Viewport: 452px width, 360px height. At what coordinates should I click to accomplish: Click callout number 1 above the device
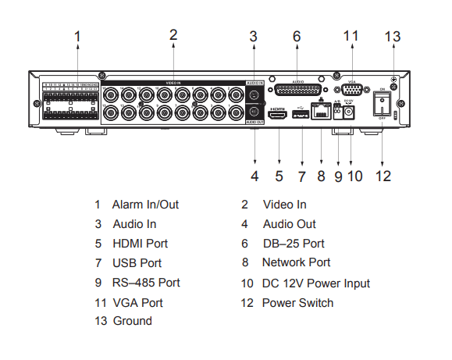[77, 37]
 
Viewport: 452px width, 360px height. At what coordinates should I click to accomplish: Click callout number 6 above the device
[297, 37]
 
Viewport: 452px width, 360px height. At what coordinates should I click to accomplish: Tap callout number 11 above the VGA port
[351, 37]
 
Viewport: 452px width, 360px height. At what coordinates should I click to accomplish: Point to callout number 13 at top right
[393, 37]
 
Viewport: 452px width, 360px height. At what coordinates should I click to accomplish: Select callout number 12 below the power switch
[383, 176]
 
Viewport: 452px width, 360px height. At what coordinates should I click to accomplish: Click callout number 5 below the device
[279, 176]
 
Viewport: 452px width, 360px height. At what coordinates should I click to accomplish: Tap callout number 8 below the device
[320, 176]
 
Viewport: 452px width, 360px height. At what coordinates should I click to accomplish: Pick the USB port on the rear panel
[299, 115]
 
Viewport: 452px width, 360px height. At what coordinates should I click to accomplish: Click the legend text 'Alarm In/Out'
[145, 205]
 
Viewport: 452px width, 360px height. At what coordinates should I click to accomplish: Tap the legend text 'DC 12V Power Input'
[316, 283]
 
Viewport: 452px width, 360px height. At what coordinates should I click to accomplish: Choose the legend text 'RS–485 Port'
[146, 283]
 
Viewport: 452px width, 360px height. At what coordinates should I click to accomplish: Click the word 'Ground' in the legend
[133, 321]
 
